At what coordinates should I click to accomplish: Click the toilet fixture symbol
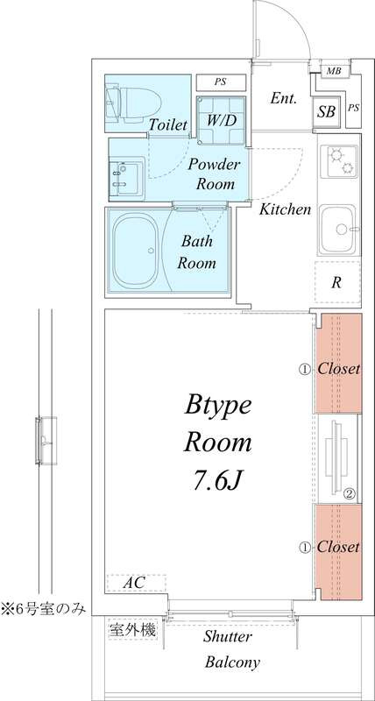click(x=133, y=104)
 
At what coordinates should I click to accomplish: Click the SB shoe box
click(x=326, y=111)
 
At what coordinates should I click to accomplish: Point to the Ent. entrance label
click(x=283, y=99)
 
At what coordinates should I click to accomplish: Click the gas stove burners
click(x=339, y=161)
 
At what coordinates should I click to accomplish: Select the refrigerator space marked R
click(x=337, y=282)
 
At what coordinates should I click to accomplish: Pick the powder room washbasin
click(x=127, y=179)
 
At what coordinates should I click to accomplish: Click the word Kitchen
click(x=286, y=209)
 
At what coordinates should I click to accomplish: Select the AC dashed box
click(x=137, y=584)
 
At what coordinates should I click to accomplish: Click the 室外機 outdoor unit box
click(x=133, y=630)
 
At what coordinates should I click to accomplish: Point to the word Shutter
click(x=228, y=636)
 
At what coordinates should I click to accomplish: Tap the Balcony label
click(x=232, y=662)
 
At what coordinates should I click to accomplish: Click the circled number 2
click(x=350, y=494)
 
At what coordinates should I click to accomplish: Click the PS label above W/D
click(x=219, y=81)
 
